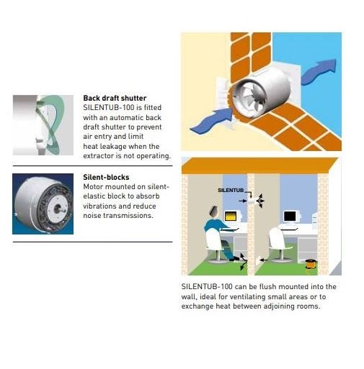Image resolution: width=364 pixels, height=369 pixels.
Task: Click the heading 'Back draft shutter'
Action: click(115, 98)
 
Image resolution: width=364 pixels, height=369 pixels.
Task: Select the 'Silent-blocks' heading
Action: click(106, 177)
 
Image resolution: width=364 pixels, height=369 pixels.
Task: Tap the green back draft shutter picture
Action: click(43, 125)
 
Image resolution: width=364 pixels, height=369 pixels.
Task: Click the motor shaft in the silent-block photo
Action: click(58, 208)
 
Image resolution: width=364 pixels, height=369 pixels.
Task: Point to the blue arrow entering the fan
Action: click(211, 120)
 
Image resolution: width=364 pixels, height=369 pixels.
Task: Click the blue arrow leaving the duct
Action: click(319, 71)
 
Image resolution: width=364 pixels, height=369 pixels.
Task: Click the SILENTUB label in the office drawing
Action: click(231, 191)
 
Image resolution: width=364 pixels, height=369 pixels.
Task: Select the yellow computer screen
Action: click(230, 217)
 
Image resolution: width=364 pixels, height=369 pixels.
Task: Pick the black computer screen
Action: click(290, 217)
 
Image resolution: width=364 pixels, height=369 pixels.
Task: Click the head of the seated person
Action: click(214, 211)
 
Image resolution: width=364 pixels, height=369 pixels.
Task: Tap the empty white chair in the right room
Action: click(278, 242)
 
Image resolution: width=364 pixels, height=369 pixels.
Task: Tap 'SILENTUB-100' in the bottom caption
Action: click(207, 287)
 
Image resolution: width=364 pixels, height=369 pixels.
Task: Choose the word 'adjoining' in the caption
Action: click(279, 306)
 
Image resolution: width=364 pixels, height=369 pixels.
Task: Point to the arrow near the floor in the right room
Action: click(264, 260)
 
